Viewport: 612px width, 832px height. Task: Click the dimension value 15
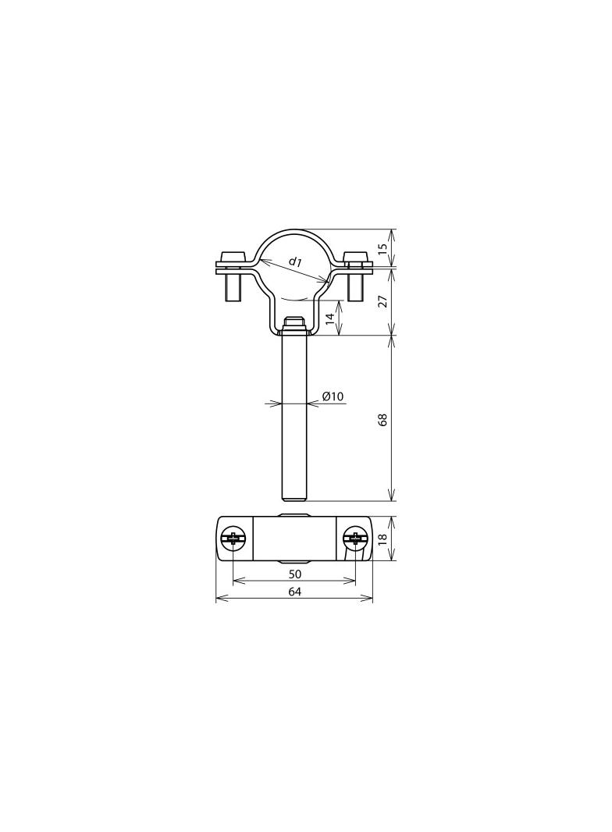click(382, 249)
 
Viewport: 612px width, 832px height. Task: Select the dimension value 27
click(382, 301)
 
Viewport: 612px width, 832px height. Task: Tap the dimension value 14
click(330, 318)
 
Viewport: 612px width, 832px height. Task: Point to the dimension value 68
click(382, 419)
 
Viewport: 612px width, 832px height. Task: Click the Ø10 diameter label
click(333, 396)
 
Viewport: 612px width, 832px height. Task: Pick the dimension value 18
click(382, 539)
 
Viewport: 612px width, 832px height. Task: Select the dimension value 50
click(294, 574)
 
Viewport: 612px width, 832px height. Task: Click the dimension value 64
click(294, 592)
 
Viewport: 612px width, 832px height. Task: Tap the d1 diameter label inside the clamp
click(295, 261)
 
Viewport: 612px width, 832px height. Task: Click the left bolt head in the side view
click(232, 257)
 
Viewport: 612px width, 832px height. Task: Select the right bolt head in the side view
click(357, 257)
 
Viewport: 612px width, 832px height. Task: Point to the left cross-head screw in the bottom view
click(232, 538)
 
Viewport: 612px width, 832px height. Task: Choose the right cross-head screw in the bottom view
click(356, 538)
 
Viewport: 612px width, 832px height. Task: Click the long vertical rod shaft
click(294, 414)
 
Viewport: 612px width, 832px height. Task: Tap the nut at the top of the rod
click(294, 322)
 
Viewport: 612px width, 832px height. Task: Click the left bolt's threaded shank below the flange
click(232, 286)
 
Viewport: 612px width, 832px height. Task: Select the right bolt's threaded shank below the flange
click(357, 286)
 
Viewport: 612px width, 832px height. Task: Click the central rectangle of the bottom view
click(294, 539)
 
